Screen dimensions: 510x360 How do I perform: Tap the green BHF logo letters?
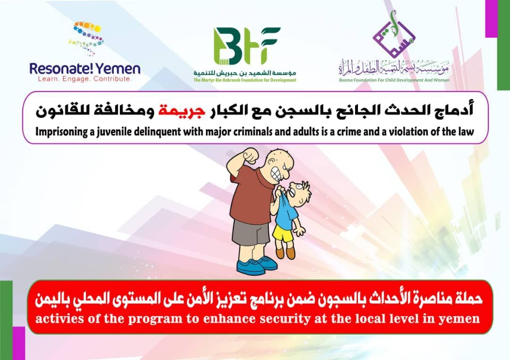click(x=246, y=46)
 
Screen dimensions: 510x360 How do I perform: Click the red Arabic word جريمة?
click(x=181, y=110)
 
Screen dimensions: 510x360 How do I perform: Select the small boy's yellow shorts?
click(x=283, y=233)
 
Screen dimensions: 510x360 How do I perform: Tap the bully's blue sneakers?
click(x=256, y=265)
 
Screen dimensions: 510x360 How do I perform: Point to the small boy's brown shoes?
click(x=285, y=252)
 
